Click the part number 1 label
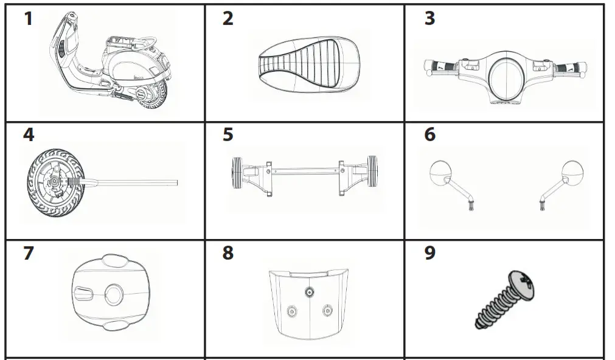click(28, 19)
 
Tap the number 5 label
click(228, 134)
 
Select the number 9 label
click(429, 252)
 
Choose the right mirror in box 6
click(573, 173)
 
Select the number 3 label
click(429, 19)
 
